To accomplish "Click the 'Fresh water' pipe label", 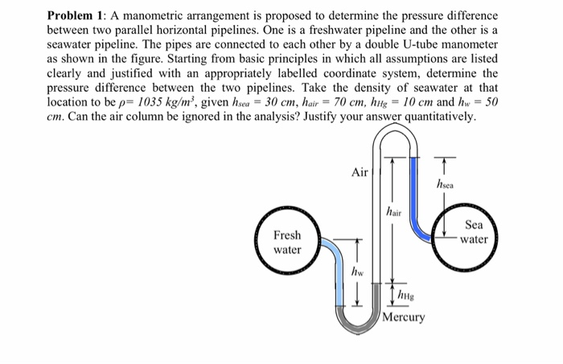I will [287, 242].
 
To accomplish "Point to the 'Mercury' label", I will [404, 317].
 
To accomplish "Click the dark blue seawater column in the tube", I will [415, 193].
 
